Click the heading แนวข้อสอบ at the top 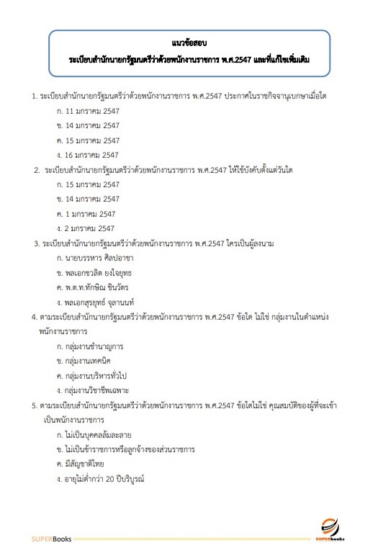[189, 42]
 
